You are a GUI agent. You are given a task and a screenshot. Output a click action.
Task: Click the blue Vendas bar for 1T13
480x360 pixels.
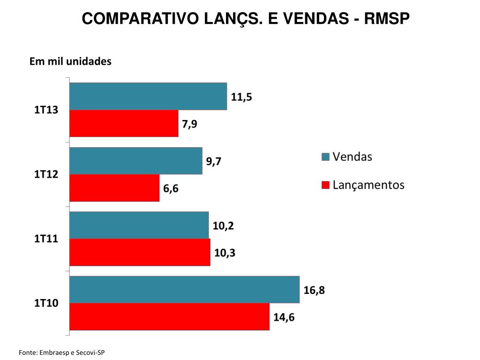tap(148, 97)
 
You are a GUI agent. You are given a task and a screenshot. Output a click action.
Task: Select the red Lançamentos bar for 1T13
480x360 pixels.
tap(124, 123)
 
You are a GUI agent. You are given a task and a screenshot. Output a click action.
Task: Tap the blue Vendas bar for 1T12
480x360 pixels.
tap(136, 161)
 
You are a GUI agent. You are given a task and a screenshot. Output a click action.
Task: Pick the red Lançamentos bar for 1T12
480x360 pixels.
tap(114, 188)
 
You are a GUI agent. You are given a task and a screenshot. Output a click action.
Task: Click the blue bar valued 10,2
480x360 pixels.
tap(139, 225)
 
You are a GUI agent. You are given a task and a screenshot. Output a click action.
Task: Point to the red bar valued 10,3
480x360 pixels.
tap(140, 252)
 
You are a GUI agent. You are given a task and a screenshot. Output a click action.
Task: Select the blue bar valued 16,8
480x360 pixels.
tap(184, 290)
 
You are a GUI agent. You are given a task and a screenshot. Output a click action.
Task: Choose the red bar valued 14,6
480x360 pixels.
tap(169, 316)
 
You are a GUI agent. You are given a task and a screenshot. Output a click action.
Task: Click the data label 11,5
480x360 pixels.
tap(241, 97)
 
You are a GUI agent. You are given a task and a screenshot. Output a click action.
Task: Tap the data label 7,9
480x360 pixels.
tap(189, 125)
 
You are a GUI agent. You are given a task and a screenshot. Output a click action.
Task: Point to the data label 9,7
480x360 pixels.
tap(214, 162)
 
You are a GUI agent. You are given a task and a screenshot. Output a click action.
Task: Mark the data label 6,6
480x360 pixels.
tap(171, 189)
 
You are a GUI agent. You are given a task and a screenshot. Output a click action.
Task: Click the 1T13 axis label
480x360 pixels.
tap(46, 111)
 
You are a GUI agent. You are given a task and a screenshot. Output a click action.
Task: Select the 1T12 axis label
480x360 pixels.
tap(46, 175)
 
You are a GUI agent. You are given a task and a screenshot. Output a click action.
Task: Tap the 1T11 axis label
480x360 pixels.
tap(46, 239)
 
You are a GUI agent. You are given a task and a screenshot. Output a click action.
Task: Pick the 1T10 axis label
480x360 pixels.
tap(46, 303)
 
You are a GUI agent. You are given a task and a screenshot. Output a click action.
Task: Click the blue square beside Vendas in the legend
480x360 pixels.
tap(325, 157)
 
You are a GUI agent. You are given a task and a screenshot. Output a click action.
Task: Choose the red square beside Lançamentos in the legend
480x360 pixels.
tap(325, 185)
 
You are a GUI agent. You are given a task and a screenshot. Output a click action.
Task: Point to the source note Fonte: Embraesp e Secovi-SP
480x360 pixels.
tap(62, 352)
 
